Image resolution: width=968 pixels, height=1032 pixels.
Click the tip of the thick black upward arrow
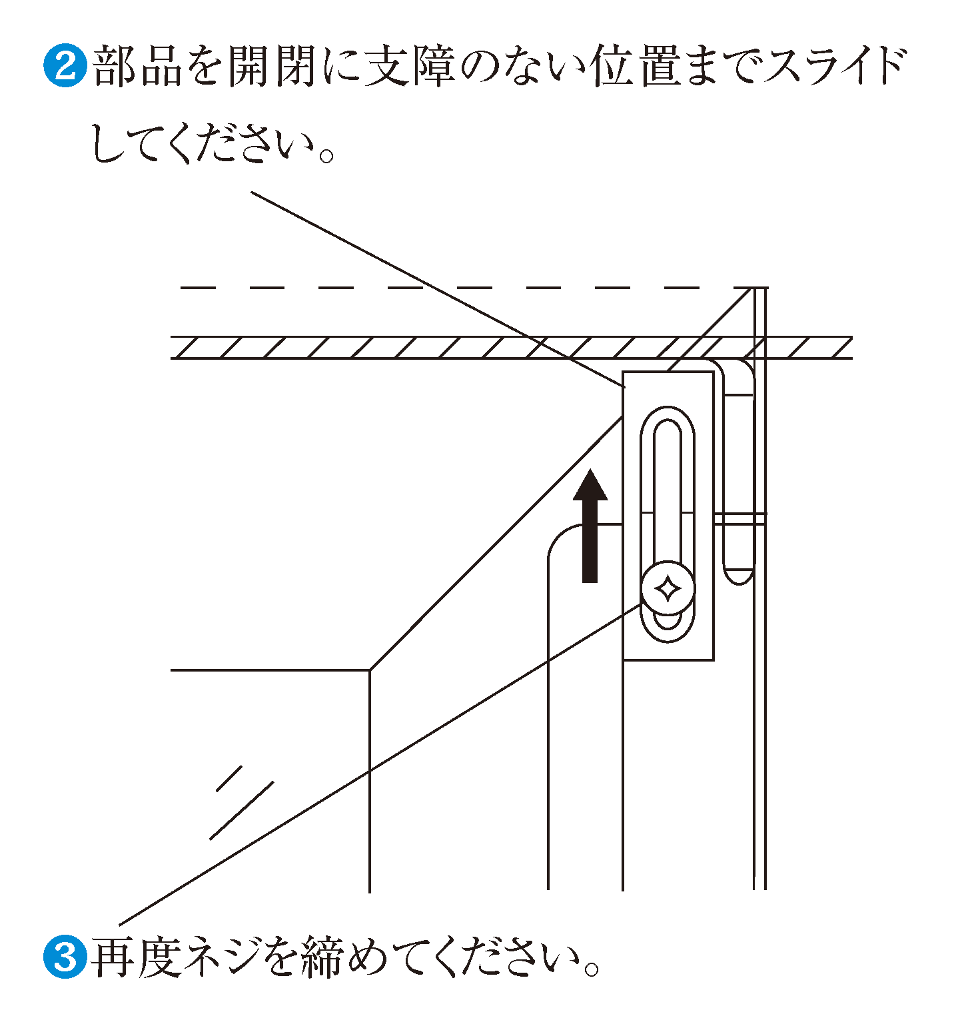point(590,468)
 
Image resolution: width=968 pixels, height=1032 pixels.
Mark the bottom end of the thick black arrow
point(590,582)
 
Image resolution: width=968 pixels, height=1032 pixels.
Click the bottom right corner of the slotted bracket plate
point(714,660)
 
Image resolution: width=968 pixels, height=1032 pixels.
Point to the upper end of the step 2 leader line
point(251,193)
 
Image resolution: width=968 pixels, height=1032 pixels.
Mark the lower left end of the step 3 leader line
point(120,925)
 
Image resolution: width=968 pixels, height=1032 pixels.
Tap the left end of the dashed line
point(181,288)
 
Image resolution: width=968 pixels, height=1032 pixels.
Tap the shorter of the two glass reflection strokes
point(229,778)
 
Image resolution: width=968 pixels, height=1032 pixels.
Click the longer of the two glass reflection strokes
point(242,809)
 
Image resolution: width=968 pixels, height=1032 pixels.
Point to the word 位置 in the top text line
point(636,65)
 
